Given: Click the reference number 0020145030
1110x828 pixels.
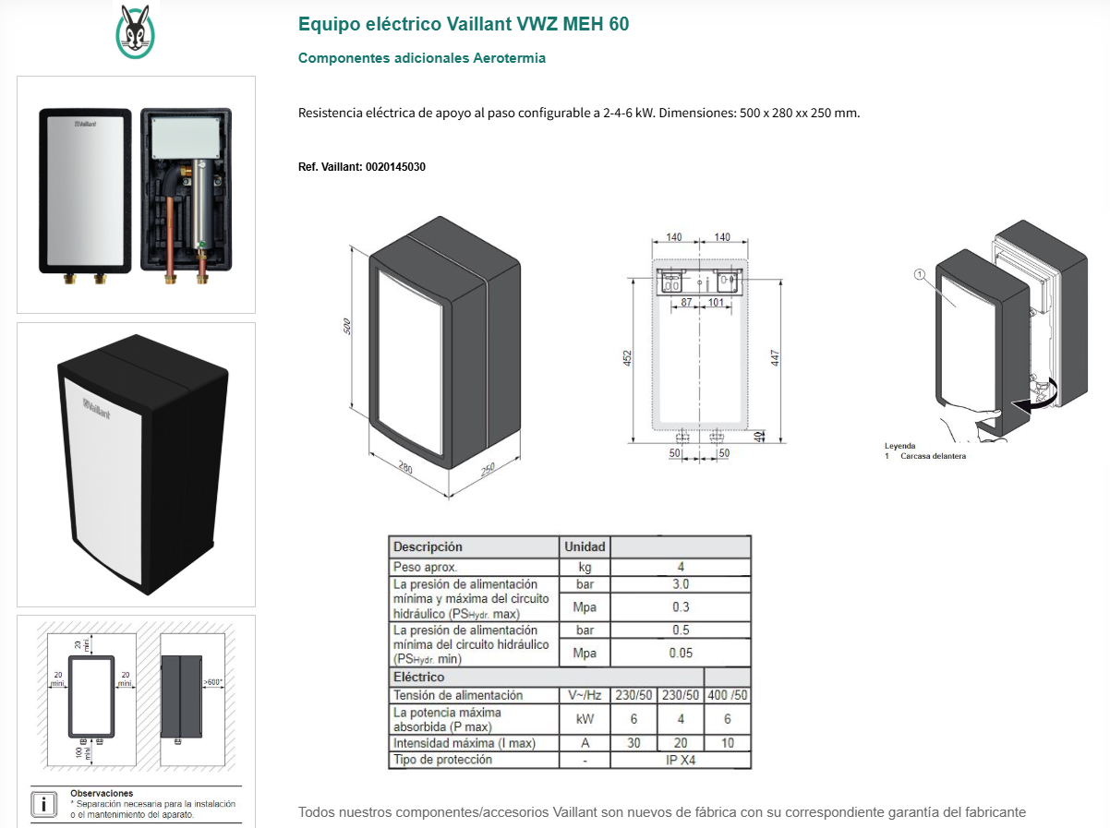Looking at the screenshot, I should click(395, 167).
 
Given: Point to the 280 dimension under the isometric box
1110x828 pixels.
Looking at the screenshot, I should click(405, 468).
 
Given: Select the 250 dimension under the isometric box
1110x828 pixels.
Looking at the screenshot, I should click(487, 470).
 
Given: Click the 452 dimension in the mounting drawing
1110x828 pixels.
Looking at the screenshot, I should click(627, 359).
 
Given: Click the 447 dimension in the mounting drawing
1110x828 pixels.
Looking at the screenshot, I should click(776, 359).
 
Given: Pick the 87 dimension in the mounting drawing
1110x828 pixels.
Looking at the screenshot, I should click(686, 303).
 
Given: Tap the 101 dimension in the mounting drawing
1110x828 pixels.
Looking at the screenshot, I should click(716, 303).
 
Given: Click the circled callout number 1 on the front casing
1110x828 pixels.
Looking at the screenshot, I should click(919, 274).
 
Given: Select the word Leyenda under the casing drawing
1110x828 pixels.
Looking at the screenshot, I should click(900, 446).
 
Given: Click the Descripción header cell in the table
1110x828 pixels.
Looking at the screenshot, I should click(428, 546).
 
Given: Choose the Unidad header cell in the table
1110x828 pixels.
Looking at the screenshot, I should click(585, 546).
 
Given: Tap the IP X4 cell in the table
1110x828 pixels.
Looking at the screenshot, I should click(681, 760).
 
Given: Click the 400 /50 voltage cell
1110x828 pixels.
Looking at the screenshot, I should click(728, 695).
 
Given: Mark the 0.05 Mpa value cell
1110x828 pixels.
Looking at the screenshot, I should click(681, 653).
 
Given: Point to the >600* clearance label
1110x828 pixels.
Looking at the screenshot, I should click(213, 683).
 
